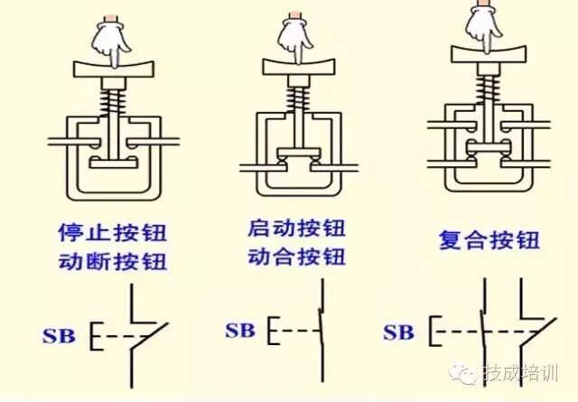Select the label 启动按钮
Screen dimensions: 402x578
point(296,228)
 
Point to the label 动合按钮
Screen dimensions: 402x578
point(296,256)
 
